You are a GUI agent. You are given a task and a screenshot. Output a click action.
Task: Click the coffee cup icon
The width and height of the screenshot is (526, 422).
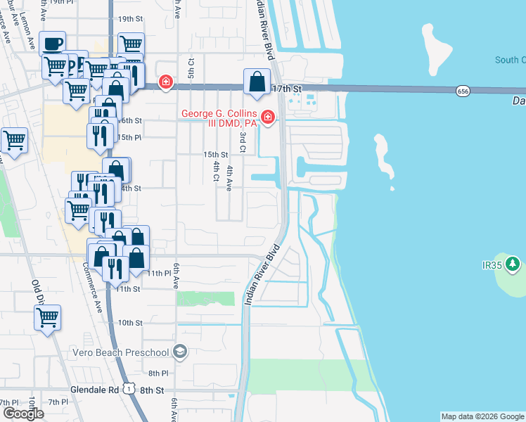click(x=52, y=44)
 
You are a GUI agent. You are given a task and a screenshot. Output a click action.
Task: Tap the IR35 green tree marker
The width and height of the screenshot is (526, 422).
click(x=513, y=264)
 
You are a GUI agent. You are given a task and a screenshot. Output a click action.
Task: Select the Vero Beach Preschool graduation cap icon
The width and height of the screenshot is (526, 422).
click(x=180, y=352)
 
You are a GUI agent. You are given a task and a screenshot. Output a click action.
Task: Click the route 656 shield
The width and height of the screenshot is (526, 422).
click(x=462, y=91)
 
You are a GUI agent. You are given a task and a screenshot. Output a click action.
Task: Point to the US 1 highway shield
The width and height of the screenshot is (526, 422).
click(x=128, y=388)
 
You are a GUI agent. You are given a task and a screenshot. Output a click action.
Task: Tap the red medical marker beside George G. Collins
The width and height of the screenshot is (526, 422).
click(x=267, y=117)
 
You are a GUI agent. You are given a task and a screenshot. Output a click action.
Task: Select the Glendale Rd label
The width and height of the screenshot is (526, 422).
click(x=94, y=389)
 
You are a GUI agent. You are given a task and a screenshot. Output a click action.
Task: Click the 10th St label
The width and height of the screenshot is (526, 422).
click(x=130, y=323)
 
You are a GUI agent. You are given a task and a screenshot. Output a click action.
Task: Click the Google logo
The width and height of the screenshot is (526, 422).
click(x=23, y=414)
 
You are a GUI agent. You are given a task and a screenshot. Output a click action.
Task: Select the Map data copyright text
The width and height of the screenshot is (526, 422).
click(x=482, y=416)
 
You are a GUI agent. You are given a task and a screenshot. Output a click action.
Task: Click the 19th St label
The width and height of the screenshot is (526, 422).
click(x=130, y=19)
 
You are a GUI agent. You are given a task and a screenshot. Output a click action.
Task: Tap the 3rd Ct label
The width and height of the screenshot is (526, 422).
click(x=243, y=141)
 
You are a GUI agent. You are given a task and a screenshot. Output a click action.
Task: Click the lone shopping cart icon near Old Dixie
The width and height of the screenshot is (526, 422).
click(x=48, y=318)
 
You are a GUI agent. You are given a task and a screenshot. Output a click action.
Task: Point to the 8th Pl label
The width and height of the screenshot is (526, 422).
click(x=158, y=373)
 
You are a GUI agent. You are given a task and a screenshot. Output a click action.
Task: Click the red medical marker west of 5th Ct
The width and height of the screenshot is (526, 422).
click(x=165, y=82)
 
